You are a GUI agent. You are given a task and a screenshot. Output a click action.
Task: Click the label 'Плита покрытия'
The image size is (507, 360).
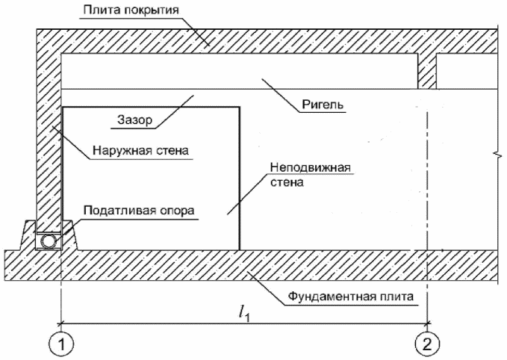(x=131, y=10)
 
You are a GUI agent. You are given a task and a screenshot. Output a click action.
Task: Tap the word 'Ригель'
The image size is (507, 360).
(x=323, y=105)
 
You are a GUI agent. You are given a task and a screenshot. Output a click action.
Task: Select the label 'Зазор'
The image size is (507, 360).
(x=134, y=120)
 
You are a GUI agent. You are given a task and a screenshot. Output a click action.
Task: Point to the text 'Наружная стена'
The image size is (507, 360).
(x=140, y=150)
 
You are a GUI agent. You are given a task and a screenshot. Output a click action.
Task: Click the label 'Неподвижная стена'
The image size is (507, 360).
(x=311, y=175)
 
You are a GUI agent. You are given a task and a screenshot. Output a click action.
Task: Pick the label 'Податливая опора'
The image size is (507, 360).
(x=139, y=210)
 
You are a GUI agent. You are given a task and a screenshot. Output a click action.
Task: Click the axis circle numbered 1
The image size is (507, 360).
(x=61, y=344)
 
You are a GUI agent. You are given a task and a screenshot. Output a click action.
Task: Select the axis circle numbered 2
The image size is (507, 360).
(x=427, y=344)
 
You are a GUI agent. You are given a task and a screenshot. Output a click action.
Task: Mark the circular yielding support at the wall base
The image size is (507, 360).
(x=49, y=241)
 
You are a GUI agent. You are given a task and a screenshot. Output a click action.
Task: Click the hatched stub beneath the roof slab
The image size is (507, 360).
(x=427, y=71)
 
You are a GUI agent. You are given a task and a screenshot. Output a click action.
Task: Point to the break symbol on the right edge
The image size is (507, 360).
(x=497, y=155)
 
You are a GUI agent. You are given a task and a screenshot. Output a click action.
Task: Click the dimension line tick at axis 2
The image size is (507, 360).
(x=427, y=323)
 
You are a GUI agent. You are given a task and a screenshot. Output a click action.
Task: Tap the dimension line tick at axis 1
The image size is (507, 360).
(x=61, y=323)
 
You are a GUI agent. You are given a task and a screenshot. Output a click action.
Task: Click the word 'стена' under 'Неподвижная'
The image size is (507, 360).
(x=287, y=182)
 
